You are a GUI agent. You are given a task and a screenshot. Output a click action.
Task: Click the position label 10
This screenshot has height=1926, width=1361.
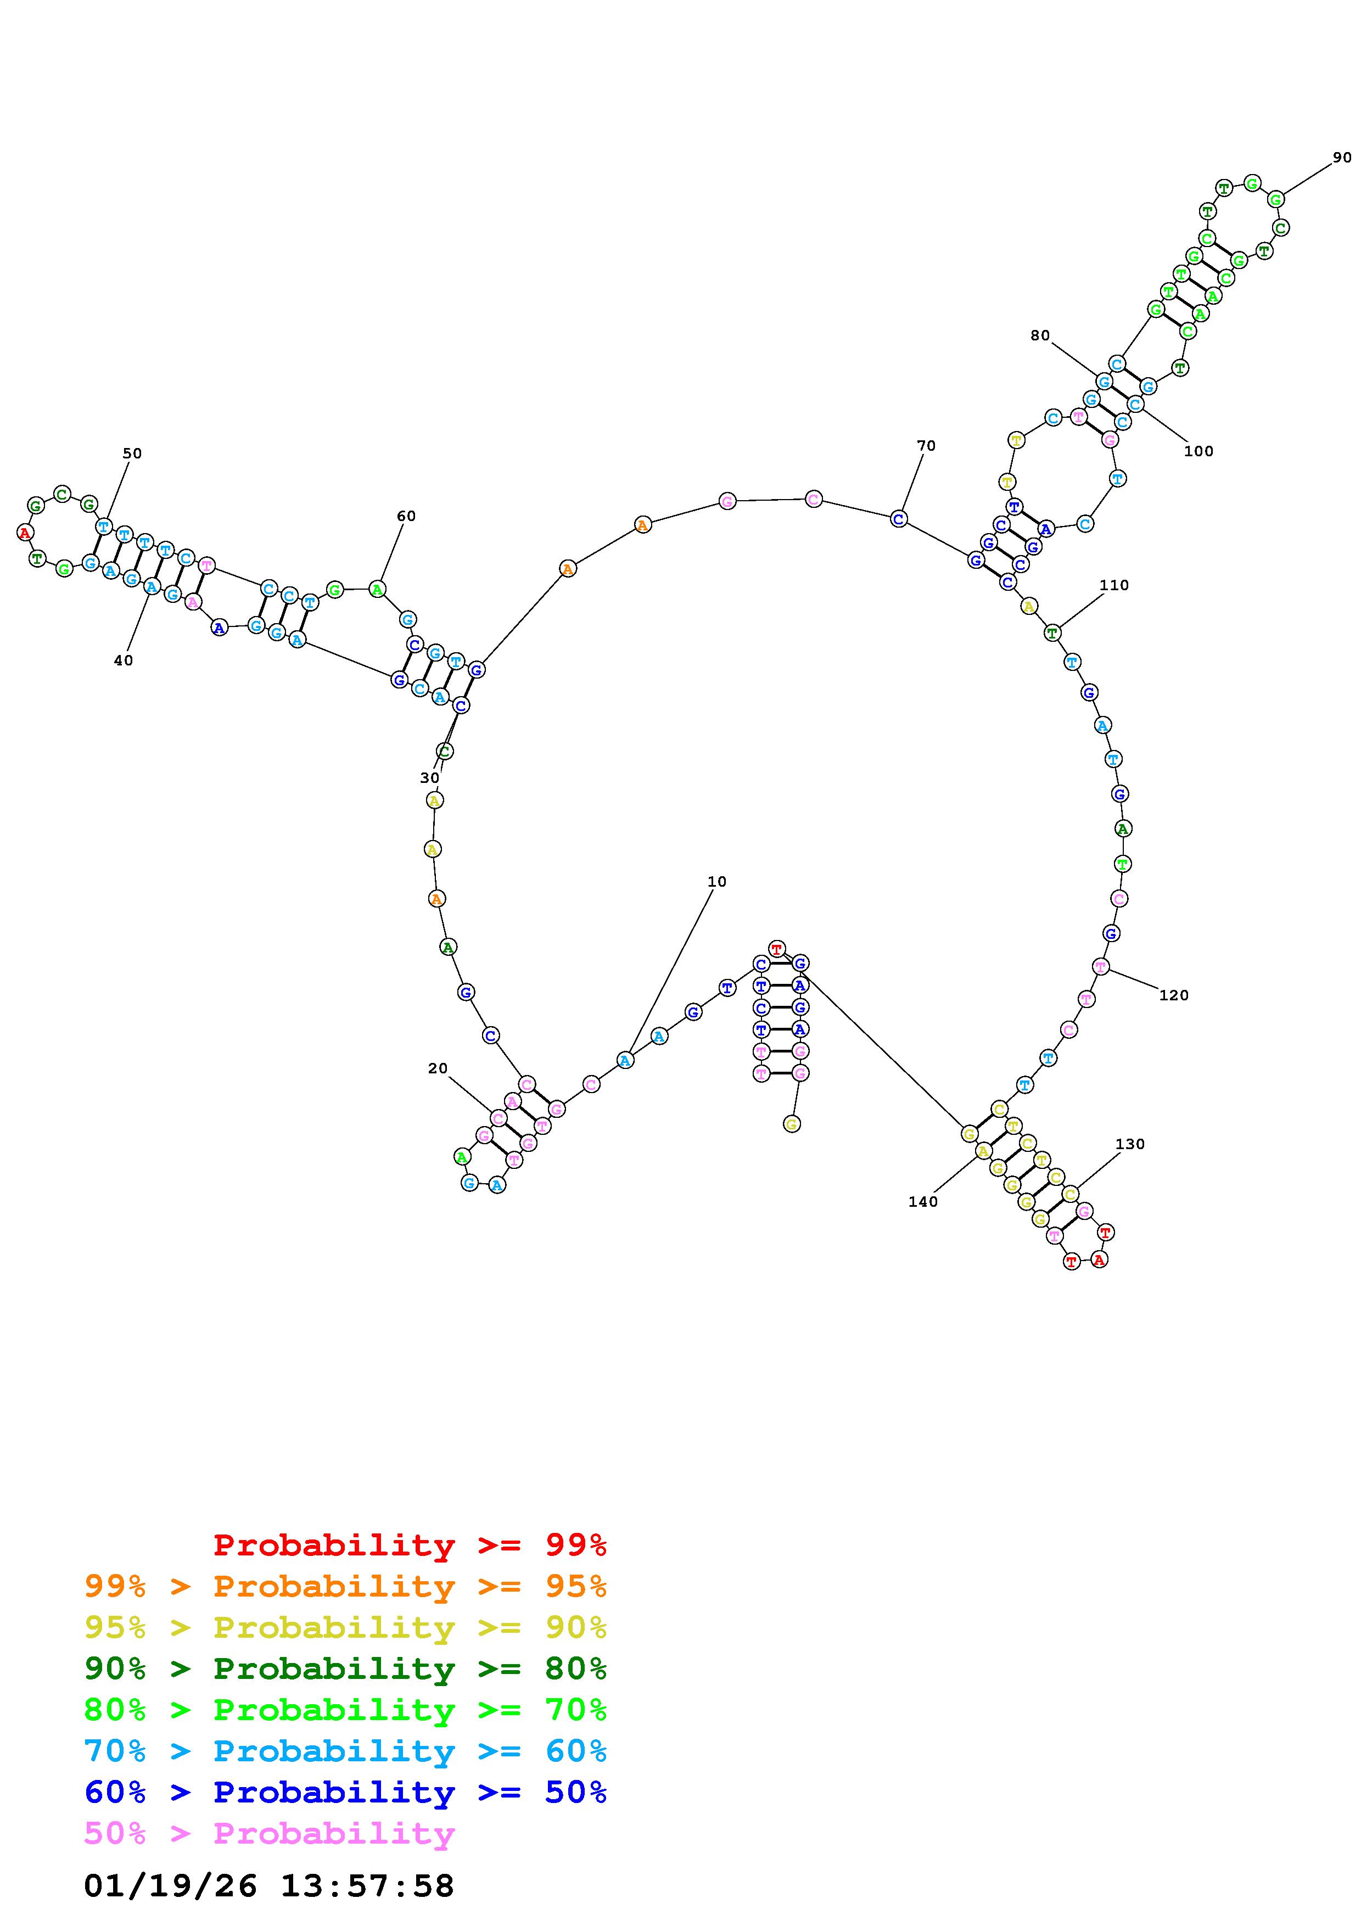tap(717, 882)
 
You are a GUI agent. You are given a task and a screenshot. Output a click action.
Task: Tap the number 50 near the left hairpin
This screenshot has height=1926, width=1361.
tap(132, 453)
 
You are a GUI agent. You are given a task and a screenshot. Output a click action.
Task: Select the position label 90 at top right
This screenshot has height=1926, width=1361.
tap(1342, 157)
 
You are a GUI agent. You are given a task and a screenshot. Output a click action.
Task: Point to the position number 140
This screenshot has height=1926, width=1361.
tap(923, 1201)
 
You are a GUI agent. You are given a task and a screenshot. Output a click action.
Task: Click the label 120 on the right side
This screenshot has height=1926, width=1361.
tap(1174, 995)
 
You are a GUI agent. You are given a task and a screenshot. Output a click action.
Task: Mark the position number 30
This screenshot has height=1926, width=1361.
tap(429, 777)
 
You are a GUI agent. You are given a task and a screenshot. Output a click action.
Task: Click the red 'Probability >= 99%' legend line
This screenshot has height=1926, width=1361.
tap(410, 1544)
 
